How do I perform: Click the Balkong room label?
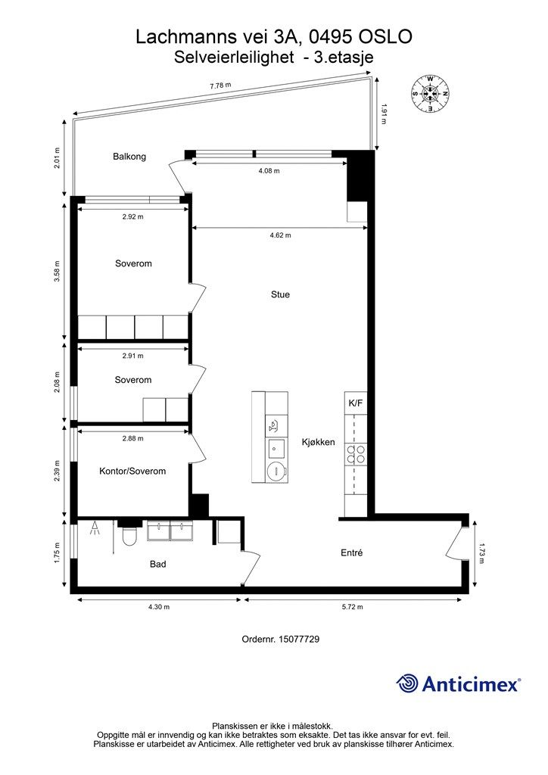(x=129, y=157)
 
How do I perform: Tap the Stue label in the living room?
(x=280, y=294)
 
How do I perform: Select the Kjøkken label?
(x=318, y=442)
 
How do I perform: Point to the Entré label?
(x=352, y=552)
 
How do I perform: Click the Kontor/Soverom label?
(x=132, y=471)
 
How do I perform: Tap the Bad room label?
(x=158, y=564)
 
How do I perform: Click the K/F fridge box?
(x=356, y=403)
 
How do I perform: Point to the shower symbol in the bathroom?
(x=95, y=530)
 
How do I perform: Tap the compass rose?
(x=431, y=93)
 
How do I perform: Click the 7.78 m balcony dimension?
(x=220, y=85)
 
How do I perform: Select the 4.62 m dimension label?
(x=280, y=235)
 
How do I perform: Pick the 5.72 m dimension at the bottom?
(x=352, y=607)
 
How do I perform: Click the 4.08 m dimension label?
(x=269, y=171)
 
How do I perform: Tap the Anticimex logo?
(x=458, y=683)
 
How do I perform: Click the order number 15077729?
(x=299, y=639)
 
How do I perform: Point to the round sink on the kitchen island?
(x=276, y=472)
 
